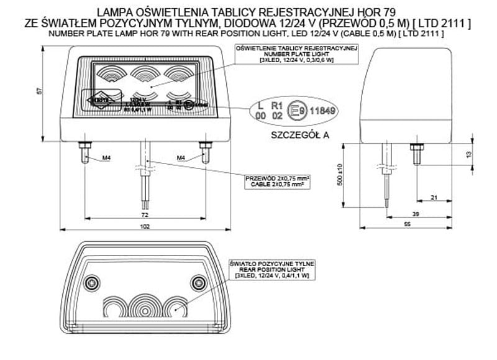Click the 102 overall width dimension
click(145, 226)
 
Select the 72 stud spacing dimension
click(145, 215)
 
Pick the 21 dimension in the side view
click(434, 197)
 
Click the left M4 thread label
click(106, 158)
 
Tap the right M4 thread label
click(181, 158)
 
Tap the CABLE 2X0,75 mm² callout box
click(278, 182)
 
